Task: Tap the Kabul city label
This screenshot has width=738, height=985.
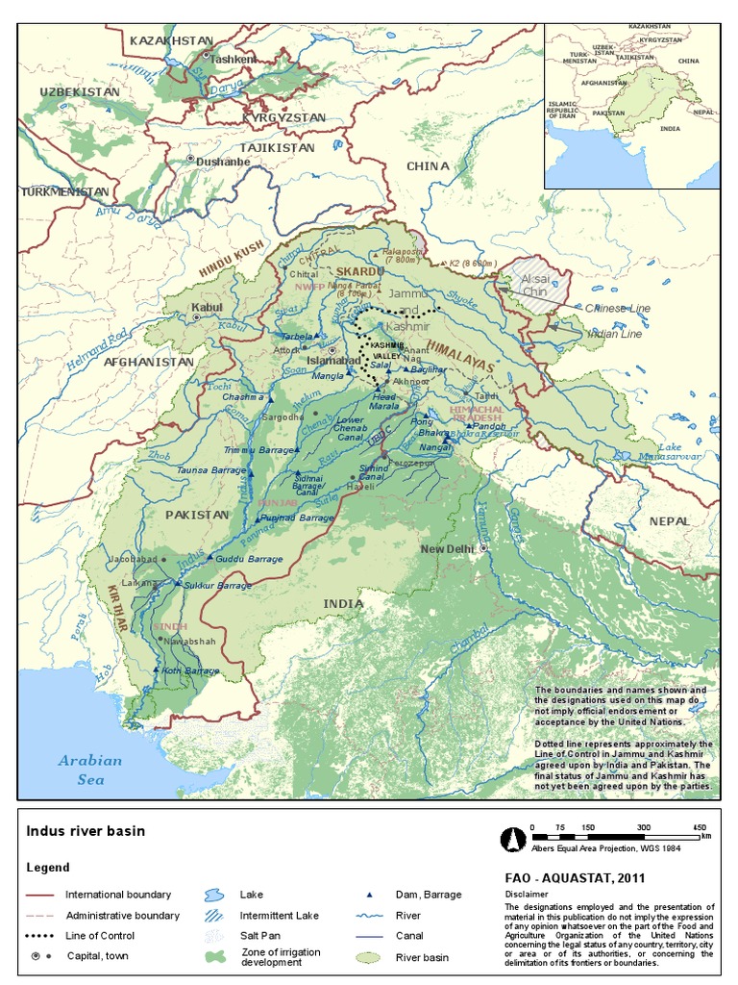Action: click(207, 308)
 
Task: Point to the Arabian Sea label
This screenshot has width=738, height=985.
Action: click(90, 770)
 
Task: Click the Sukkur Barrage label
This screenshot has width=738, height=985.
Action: click(219, 585)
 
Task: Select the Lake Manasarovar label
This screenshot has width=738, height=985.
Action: click(683, 453)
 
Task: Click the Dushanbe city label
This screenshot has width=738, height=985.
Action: click(223, 162)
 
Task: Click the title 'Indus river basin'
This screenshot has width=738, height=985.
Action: click(86, 831)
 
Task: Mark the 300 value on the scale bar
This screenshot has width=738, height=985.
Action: click(644, 828)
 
